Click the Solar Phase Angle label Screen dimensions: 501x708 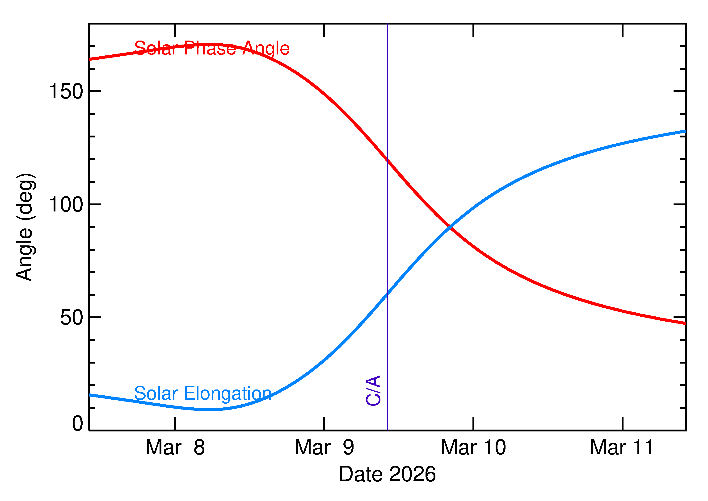[x=212, y=48]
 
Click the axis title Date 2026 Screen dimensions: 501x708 [x=387, y=474]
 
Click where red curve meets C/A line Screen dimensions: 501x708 [x=388, y=159]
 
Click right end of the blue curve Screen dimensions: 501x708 [x=685, y=131]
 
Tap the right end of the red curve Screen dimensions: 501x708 [x=685, y=323]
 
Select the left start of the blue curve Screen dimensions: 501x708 [x=90, y=395]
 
